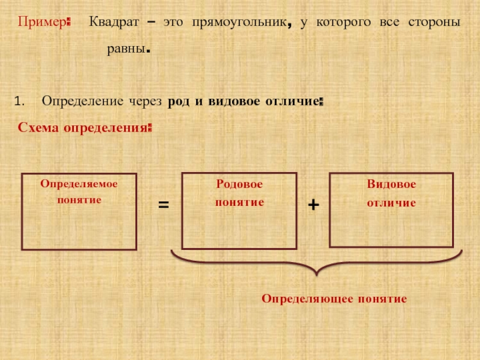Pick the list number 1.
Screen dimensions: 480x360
(x=18, y=101)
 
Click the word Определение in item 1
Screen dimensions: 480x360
(x=82, y=101)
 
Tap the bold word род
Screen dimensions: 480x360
(x=179, y=101)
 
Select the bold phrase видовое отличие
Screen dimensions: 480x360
(x=263, y=101)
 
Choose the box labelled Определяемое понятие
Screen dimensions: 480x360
(x=79, y=211)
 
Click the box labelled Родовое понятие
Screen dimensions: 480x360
(x=239, y=211)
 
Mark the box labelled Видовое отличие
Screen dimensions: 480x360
(x=391, y=209)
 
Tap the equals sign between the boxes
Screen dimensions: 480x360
(x=163, y=205)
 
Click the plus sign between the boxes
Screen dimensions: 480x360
(x=313, y=205)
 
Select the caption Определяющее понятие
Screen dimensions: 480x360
(x=334, y=298)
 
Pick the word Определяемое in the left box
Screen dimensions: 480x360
(x=79, y=184)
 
